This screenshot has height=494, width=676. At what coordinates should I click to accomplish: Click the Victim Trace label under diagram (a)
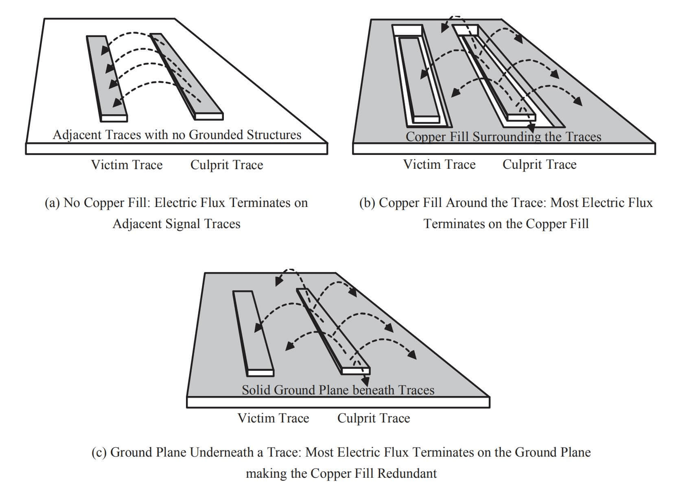tap(127, 165)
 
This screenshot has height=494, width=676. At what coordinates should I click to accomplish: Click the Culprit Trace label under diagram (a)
tap(227, 165)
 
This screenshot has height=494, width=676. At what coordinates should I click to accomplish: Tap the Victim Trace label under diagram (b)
tap(439, 165)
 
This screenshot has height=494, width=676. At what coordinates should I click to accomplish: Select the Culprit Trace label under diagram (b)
tap(539, 165)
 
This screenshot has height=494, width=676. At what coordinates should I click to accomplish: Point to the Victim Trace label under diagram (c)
tap(273, 418)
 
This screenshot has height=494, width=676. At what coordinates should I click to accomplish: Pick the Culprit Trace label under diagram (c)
tap(373, 418)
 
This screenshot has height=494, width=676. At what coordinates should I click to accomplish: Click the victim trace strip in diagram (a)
tap(107, 77)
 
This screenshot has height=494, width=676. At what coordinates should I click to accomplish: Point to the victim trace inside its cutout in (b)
tap(419, 77)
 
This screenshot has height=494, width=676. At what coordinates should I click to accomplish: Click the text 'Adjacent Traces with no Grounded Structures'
tap(177, 135)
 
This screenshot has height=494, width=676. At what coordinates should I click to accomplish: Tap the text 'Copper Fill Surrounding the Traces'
tap(503, 137)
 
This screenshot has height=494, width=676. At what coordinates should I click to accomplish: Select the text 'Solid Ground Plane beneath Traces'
tap(338, 390)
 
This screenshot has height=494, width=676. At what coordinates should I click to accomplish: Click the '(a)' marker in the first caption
tap(53, 203)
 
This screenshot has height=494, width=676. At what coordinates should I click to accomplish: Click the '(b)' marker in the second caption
tap(367, 203)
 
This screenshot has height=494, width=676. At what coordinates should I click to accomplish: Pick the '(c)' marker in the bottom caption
tap(99, 453)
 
